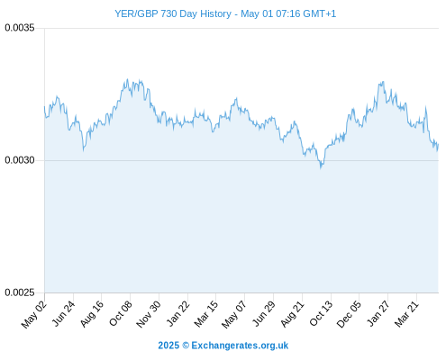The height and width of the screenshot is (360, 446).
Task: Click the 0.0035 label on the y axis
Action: (20, 28)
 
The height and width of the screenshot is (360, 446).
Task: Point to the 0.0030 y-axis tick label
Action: (20, 160)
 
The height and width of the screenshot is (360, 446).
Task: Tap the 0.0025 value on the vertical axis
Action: (20, 292)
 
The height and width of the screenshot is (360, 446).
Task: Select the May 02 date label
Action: (34, 314)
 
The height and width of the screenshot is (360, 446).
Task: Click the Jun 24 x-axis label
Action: (63, 313)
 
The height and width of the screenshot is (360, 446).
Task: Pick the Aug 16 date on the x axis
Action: (92, 313)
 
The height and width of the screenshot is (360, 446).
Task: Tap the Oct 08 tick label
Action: (121, 313)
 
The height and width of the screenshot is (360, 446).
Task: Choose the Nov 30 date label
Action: (149, 314)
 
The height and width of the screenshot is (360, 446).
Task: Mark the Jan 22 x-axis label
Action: (177, 313)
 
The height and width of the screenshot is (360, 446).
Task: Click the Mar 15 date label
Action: (206, 313)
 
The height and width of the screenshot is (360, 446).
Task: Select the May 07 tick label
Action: (234, 314)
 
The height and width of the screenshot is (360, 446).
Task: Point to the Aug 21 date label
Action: (293, 313)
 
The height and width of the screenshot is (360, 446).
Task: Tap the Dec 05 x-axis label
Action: (350, 314)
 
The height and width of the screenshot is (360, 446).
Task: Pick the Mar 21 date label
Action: (407, 313)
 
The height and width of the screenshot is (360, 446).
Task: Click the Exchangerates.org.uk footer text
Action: (240, 346)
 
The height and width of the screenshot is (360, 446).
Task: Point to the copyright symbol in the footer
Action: (186, 346)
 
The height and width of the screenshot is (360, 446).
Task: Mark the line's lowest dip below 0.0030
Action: (321, 167)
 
